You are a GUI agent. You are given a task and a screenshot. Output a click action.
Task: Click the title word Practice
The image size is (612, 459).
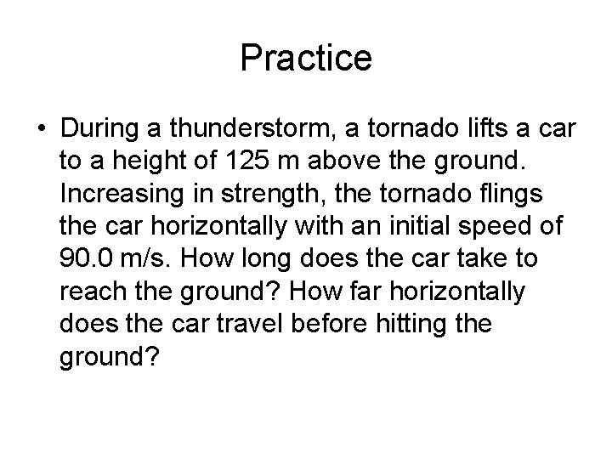306,59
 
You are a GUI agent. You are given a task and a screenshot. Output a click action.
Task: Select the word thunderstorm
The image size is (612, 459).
255,129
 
